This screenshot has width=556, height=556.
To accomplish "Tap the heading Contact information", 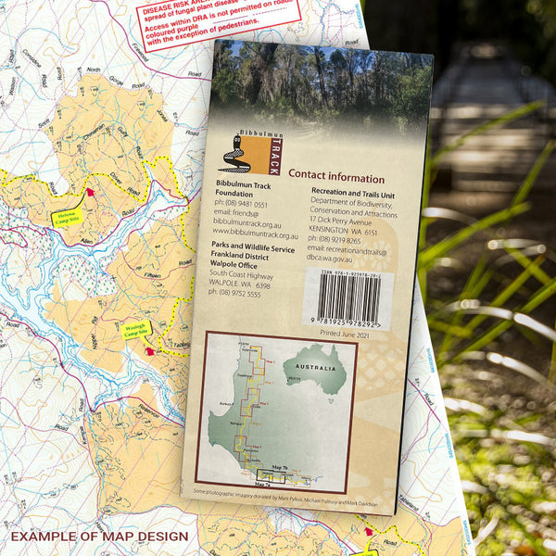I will pos(336,177).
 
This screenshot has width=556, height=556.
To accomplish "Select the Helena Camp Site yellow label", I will pos(66,219).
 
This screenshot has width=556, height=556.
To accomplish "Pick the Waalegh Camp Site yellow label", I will pos(137,329).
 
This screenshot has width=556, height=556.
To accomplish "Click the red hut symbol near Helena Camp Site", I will pos(90,194).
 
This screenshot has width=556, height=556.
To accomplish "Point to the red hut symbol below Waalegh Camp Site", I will pos(148,351).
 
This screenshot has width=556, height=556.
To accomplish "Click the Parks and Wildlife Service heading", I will pos(252,248).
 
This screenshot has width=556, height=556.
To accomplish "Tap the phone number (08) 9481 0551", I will pos(243,205).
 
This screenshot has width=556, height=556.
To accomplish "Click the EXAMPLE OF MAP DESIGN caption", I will pos(99,537).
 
